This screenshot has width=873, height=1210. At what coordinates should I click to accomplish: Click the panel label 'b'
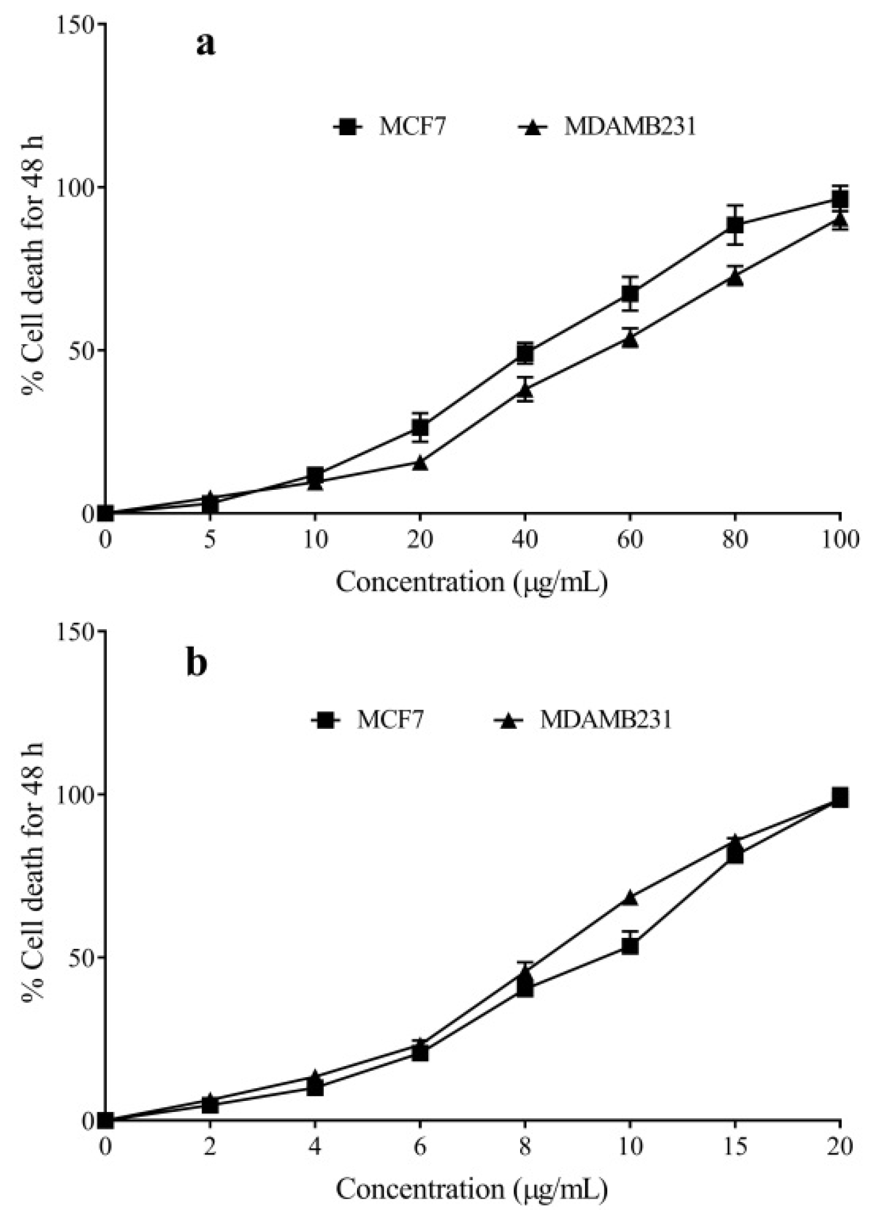point(196,664)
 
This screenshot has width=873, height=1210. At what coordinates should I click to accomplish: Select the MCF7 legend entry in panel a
point(390,127)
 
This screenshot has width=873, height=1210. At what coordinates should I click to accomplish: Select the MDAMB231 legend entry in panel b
point(584,720)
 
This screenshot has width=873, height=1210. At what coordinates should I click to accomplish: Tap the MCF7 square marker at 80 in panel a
point(735,225)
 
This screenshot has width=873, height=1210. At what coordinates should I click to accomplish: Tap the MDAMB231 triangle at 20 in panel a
point(420,463)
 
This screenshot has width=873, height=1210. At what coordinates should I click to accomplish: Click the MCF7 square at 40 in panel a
point(525,353)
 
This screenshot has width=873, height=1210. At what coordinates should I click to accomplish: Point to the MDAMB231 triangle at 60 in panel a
point(630,339)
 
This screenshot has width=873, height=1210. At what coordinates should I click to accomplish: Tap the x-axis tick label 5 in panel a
point(210,540)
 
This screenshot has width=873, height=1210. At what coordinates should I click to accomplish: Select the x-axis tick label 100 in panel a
point(840,540)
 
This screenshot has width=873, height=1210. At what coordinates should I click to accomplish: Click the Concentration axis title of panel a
point(471,581)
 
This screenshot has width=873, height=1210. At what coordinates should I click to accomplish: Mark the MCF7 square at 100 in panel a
point(840,200)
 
